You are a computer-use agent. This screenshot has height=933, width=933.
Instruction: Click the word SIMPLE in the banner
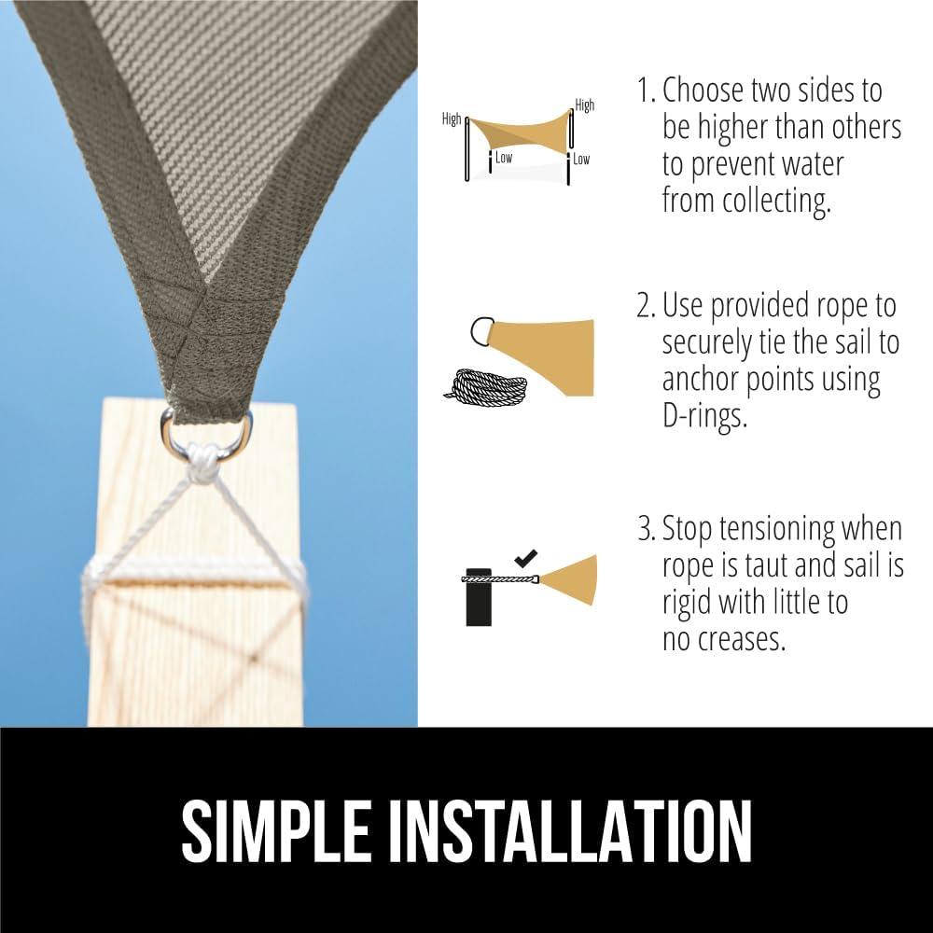click(x=275, y=830)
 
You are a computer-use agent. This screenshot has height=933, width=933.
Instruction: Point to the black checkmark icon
click(x=526, y=558)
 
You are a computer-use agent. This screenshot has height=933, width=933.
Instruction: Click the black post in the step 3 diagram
click(x=479, y=597)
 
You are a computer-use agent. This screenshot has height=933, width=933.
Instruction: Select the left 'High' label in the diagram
click(x=451, y=119)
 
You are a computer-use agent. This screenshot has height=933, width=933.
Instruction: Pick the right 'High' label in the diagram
click(x=584, y=105)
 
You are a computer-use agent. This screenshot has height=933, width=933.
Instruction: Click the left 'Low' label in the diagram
click(x=504, y=158)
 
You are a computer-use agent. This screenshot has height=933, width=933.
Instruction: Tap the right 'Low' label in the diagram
click(x=581, y=160)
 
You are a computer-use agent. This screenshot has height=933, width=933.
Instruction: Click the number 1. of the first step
click(x=647, y=91)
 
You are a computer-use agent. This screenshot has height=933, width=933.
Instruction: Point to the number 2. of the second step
click(x=647, y=306)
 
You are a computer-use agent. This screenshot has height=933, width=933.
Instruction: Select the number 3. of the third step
click(x=647, y=528)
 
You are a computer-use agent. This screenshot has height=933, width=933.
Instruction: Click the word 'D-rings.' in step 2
click(x=704, y=416)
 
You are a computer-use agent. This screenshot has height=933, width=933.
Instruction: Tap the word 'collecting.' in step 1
click(x=776, y=202)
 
